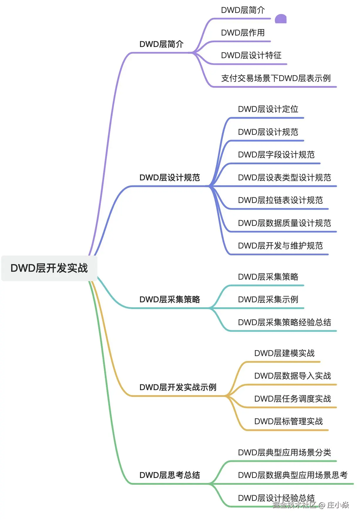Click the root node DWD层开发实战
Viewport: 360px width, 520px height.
click(49, 268)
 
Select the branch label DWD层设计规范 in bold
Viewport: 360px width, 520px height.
click(169, 177)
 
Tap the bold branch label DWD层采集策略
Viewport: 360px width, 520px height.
click(169, 299)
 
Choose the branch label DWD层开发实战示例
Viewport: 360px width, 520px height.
click(178, 387)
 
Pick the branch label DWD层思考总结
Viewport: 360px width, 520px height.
click(169, 475)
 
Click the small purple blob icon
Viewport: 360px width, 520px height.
click(280, 19)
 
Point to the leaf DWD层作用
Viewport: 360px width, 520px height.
click(243, 33)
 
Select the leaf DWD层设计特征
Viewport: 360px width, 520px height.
click(251, 55)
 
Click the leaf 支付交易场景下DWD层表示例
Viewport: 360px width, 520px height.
click(276, 78)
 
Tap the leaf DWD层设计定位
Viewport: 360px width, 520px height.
click(268, 109)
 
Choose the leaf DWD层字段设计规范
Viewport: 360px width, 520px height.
click(276, 155)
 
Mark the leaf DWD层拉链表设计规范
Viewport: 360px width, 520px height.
click(280, 200)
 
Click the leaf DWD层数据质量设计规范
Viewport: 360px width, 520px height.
click(284, 223)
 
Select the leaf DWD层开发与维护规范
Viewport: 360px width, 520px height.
click(280, 246)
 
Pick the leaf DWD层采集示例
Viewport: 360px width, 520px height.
click(268, 299)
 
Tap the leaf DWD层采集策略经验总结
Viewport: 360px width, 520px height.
click(284, 322)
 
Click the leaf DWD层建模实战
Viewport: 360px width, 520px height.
click(284, 353)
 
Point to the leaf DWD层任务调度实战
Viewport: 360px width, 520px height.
click(292, 399)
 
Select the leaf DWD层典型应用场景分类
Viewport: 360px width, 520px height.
click(284, 452)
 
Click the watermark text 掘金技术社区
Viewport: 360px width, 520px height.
click(294, 505)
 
